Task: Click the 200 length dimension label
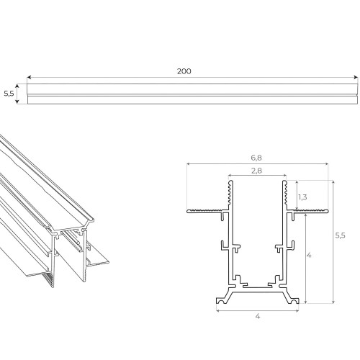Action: click(x=184, y=71)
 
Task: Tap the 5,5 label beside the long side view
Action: click(x=9, y=94)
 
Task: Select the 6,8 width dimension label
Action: click(x=256, y=158)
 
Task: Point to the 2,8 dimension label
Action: click(x=256, y=171)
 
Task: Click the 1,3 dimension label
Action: click(x=302, y=197)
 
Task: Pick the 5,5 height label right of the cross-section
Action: click(x=341, y=235)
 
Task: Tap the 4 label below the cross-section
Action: click(x=258, y=316)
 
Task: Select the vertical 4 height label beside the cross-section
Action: click(x=309, y=256)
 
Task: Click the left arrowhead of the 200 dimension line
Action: click(x=29, y=77)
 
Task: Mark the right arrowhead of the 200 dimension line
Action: click(x=356, y=77)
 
